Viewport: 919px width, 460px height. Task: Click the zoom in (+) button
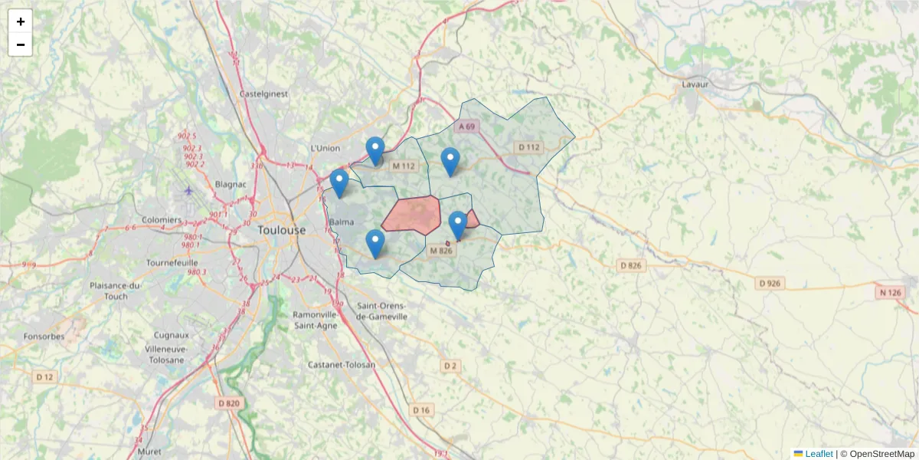[21, 21]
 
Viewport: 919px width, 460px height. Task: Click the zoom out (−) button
[21, 44]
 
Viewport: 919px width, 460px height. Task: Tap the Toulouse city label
[281, 230]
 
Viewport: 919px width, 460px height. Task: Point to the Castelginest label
[263, 94]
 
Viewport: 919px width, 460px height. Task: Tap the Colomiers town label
[162, 220]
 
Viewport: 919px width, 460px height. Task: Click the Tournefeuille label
[177, 262]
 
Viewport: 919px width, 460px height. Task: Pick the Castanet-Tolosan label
[341, 365]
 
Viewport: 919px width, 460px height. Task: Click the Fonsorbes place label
[44, 336]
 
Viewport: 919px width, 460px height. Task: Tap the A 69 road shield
[467, 127]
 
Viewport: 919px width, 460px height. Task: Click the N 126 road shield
[891, 291]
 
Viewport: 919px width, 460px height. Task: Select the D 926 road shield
[770, 284]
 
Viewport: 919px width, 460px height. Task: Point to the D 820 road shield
[229, 403]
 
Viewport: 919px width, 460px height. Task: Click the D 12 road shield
[45, 376]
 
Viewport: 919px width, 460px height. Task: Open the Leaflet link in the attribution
[818, 454]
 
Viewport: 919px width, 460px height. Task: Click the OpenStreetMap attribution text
[882, 454]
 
